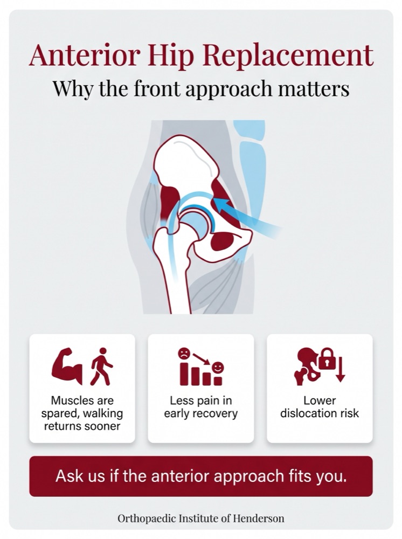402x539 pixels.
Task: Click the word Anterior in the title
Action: point(85,56)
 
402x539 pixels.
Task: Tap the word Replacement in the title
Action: point(288,56)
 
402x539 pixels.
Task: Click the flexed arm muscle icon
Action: point(67,366)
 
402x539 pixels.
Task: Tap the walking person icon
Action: point(101,366)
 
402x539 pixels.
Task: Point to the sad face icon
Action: point(184,354)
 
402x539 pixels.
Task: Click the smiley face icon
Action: point(218,368)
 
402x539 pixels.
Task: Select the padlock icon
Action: point(327,359)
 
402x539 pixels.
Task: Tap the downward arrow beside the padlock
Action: point(340,370)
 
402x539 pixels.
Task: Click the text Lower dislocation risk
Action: point(320,406)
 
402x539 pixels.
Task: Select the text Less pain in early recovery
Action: point(201,406)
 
